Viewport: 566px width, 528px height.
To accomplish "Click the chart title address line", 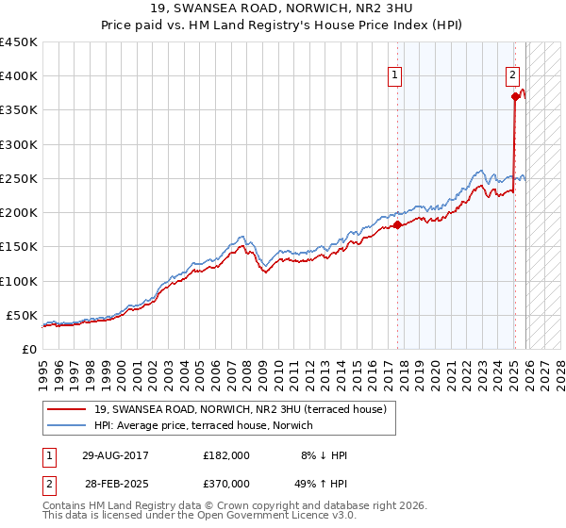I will [282, 9].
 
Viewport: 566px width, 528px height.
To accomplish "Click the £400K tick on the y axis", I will [18, 76].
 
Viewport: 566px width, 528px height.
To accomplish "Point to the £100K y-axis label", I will [18, 281].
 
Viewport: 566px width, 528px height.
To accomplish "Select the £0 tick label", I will [27, 349].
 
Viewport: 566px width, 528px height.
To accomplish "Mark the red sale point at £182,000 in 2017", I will [397, 224].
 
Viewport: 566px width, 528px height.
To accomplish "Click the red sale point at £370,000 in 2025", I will [515, 96].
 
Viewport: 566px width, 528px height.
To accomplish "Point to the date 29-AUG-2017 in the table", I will [113, 454].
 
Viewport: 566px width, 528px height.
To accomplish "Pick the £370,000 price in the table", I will [226, 485].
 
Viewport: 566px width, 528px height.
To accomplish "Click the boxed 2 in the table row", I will [50, 485].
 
